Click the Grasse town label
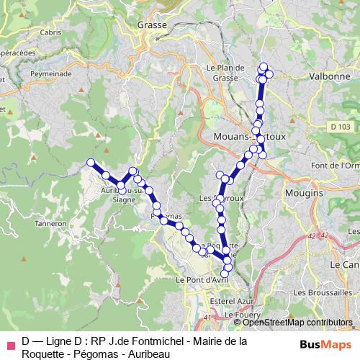[x=151, y=24]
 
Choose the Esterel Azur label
[x=228, y=301]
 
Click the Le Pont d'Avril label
[x=202, y=279]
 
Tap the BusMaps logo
[x=325, y=344]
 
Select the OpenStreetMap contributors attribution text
[x=295, y=323]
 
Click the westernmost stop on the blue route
[x=91, y=163]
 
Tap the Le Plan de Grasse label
[x=221, y=73]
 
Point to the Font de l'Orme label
[x=336, y=166]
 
